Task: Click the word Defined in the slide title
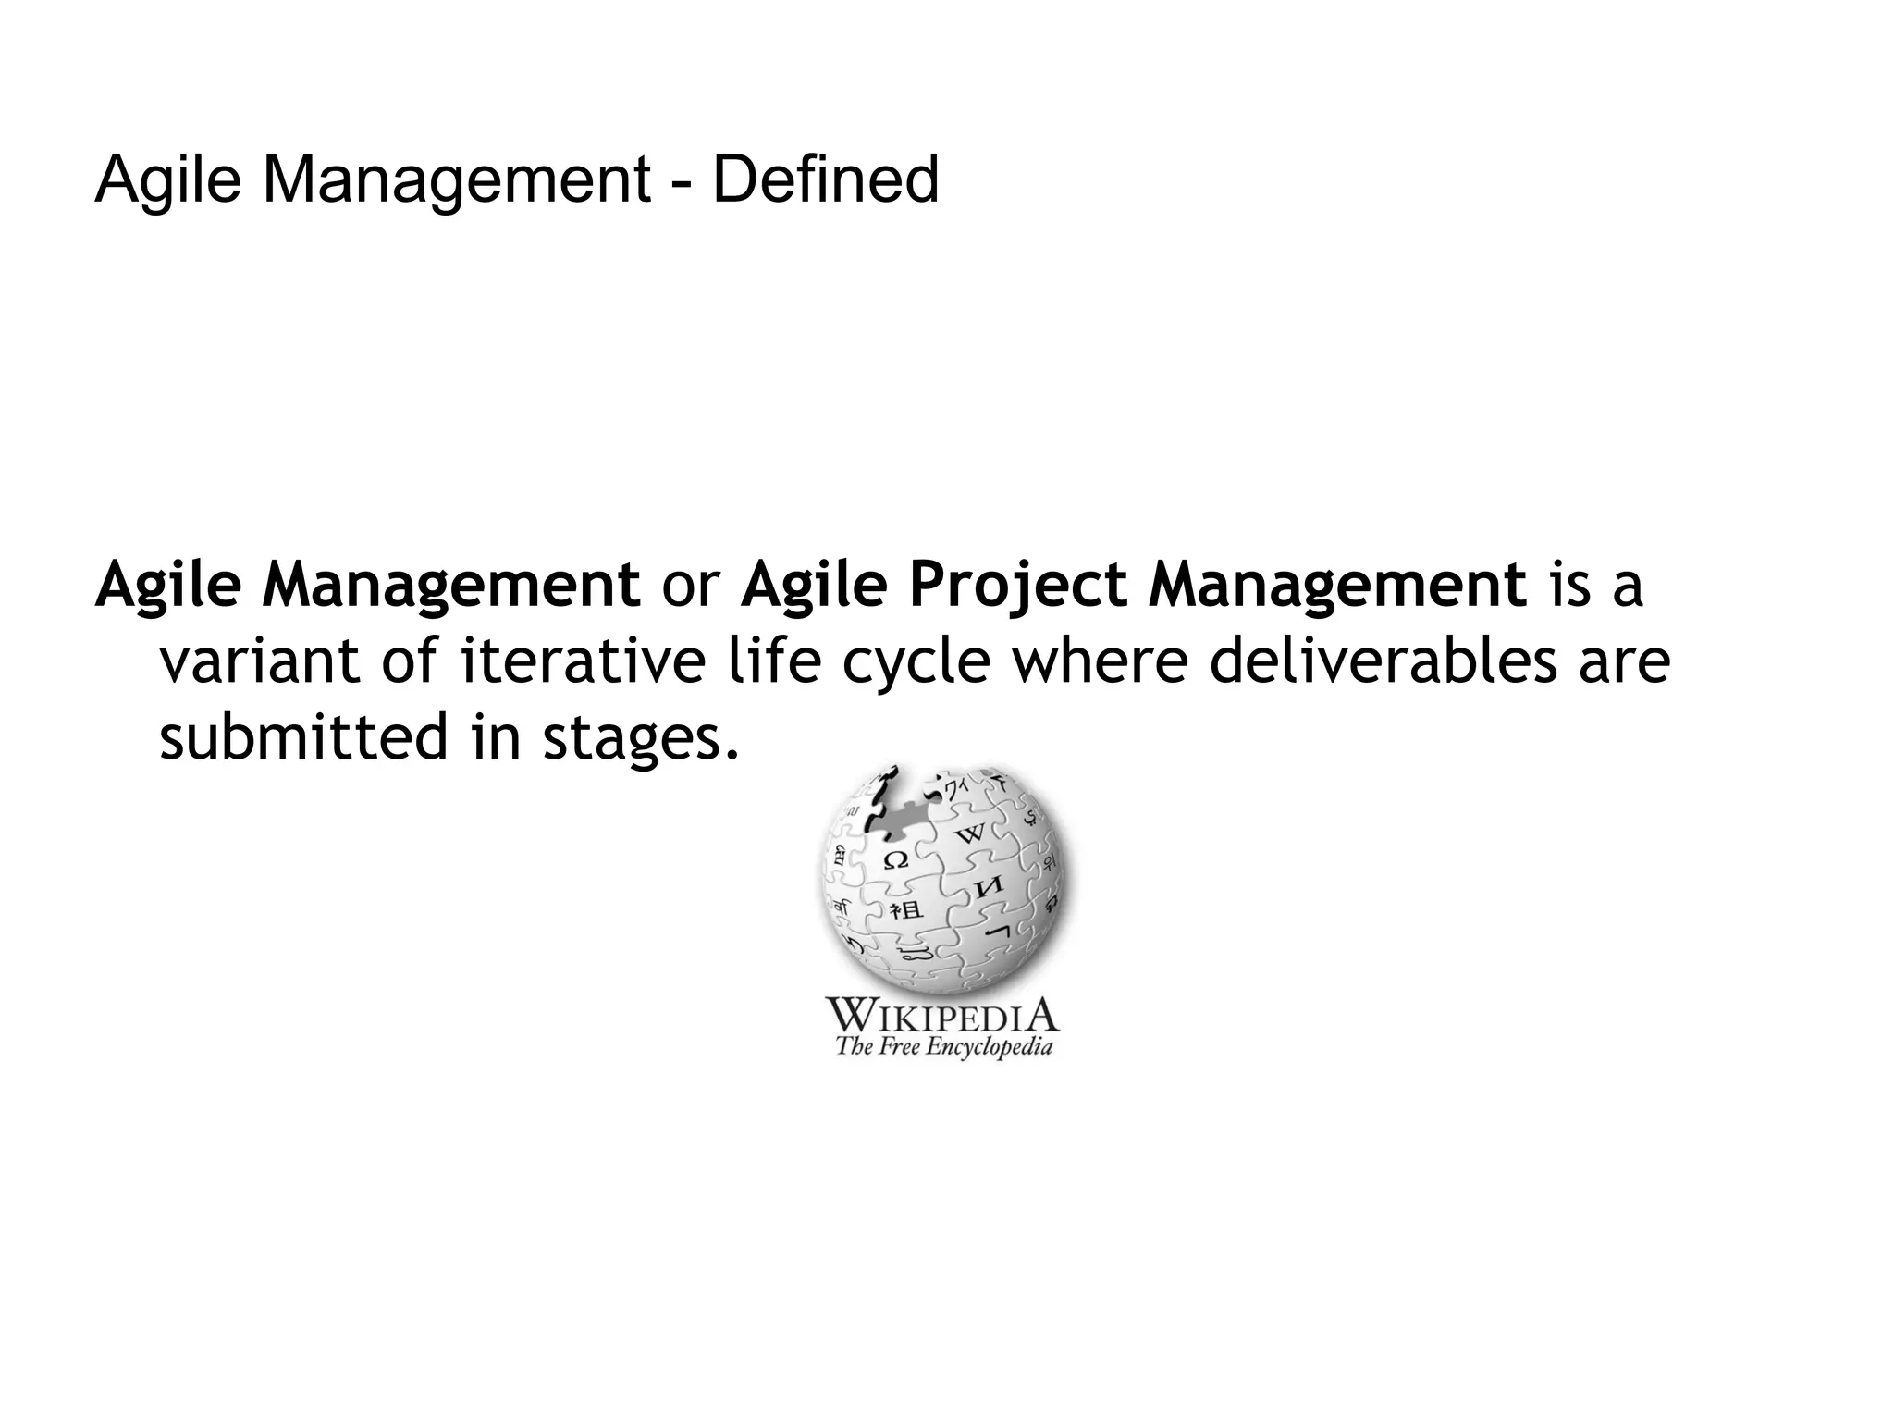(x=825, y=179)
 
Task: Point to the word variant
(x=260, y=661)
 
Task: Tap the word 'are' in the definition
(x=1623, y=663)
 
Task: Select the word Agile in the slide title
(x=167, y=179)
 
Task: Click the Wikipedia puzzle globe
(x=942, y=880)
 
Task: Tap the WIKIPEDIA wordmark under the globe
(x=941, y=1015)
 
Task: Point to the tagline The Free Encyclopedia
(x=943, y=1047)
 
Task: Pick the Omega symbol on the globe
(x=895, y=860)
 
